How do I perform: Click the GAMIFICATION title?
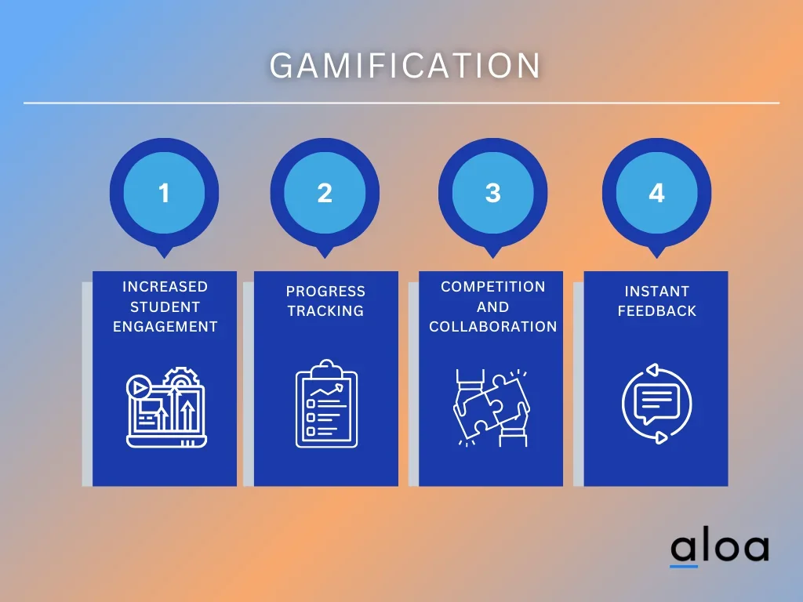coord(405,66)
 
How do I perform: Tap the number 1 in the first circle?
coord(164,193)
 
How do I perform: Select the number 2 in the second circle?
coord(325,193)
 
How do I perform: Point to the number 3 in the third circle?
coord(492,193)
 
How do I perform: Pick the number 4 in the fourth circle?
coord(656,193)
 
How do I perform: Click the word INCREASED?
coord(165,287)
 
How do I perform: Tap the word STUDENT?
coord(165,306)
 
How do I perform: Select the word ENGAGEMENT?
coord(165,327)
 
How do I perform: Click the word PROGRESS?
coord(325,292)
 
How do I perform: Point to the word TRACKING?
coord(325,310)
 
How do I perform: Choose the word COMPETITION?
coord(492,287)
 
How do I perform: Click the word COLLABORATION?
coord(492,327)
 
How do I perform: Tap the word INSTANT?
coord(656,292)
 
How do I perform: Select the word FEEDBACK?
coord(656,310)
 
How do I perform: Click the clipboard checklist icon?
coord(326,404)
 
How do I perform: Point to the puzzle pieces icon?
coord(492,408)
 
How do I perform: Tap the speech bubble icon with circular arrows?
coord(656,404)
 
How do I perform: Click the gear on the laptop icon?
coord(180,378)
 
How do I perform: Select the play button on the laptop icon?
coord(138,387)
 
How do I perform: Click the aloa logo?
coord(720,549)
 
